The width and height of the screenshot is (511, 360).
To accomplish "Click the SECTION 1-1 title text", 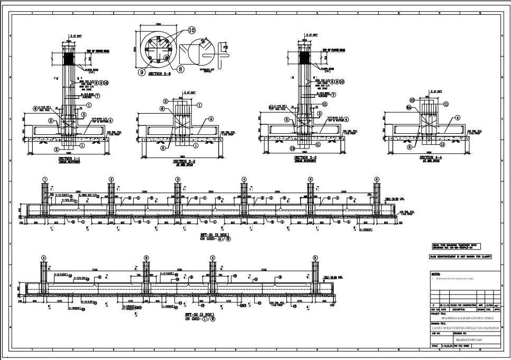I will (x=69, y=158).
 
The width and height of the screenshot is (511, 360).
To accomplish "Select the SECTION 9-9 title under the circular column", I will (x=159, y=73).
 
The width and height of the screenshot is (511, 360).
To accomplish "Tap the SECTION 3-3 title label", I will (x=305, y=158).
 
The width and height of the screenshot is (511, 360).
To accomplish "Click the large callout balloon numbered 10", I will (x=191, y=31).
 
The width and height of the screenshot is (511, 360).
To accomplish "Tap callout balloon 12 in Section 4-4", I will (x=411, y=100).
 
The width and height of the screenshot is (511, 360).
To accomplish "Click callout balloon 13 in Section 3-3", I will (x=292, y=149).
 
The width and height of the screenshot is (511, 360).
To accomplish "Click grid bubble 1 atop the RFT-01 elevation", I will (x=45, y=180).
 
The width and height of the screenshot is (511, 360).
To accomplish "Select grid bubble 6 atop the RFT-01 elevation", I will (x=377, y=180).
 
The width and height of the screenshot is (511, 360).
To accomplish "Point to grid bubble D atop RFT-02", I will (x=314, y=257).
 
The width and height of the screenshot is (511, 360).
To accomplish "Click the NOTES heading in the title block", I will (x=436, y=274).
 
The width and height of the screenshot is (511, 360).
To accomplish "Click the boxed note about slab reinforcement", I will (x=461, y=256).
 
